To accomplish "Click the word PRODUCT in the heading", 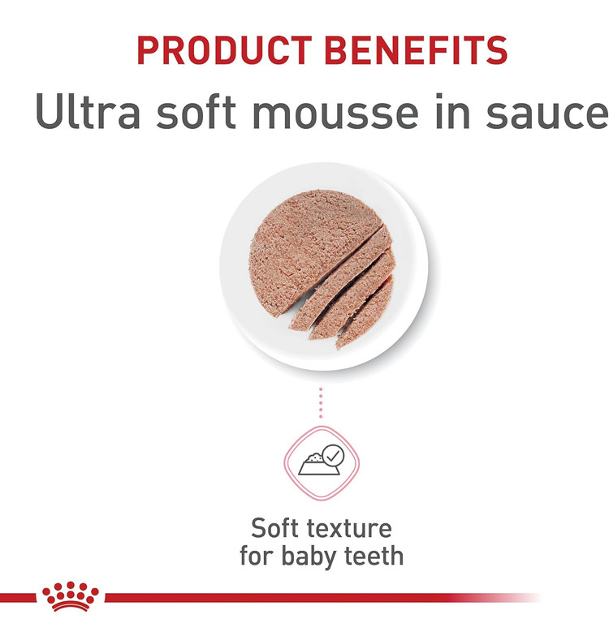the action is (x=224, y=50).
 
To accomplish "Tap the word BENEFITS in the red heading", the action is (x=416, y=50).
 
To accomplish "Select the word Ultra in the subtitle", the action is (x=88, y=111).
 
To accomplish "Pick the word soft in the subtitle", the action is (x=196, y=112).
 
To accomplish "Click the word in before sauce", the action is (x=452, y=111).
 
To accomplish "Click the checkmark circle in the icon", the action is (x=333, y=456).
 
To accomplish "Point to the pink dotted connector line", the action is (x=321, y=402).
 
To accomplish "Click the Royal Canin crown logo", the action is (x=71, y=596).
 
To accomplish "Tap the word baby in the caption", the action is (x=309, y=557).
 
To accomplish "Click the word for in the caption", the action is (x=257, y=556).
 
